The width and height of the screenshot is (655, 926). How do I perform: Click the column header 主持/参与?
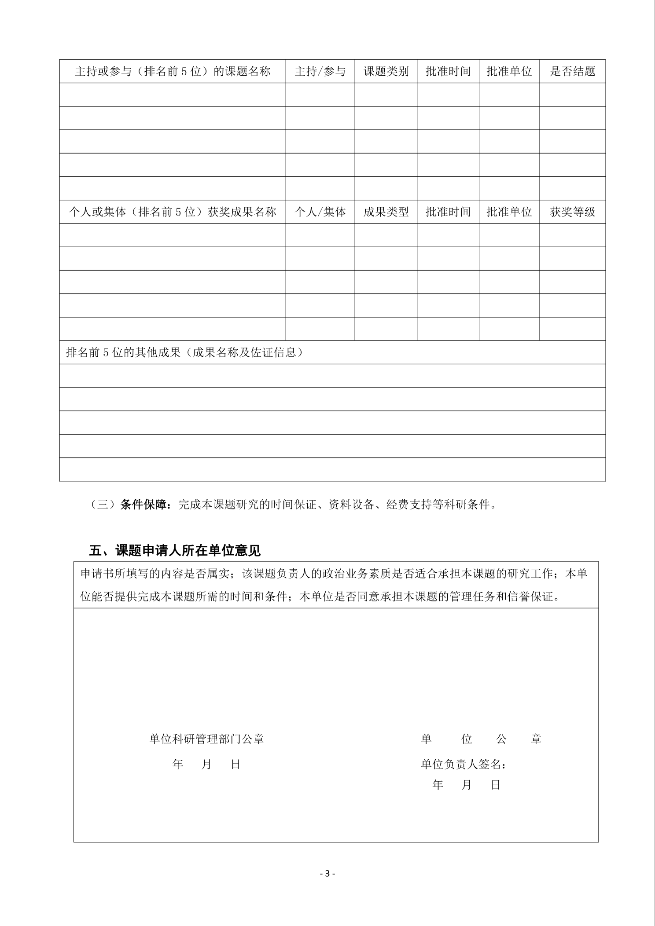coord(320,71)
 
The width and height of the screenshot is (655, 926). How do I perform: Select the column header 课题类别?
coord(386,71)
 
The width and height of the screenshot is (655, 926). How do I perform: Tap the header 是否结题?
coord(572,71)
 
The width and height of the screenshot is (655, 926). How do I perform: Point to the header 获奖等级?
coord(572,212)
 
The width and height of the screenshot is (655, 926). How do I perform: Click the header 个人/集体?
coord(320,212)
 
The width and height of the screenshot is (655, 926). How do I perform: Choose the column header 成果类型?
coord(386,212)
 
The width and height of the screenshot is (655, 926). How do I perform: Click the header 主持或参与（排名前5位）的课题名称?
coord(173,71)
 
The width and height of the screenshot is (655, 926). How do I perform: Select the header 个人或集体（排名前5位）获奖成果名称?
coord(173,212)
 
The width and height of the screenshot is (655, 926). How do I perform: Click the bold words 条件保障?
coord(144,505)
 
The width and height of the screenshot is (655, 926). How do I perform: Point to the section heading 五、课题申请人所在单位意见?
coord(175,550)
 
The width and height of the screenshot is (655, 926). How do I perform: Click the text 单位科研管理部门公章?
coord(206,739)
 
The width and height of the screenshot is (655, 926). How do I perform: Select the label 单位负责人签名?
coord(463,764)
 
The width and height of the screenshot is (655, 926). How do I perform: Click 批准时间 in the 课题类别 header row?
coord(448,71)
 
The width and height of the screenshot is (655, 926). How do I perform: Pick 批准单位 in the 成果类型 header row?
coord(509,212)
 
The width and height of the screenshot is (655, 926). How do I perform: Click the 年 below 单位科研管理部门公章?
coord(178,764)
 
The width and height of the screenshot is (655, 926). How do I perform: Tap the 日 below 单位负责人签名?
coord(496,785)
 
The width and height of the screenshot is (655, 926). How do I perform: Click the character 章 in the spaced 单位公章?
coord(536,739)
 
